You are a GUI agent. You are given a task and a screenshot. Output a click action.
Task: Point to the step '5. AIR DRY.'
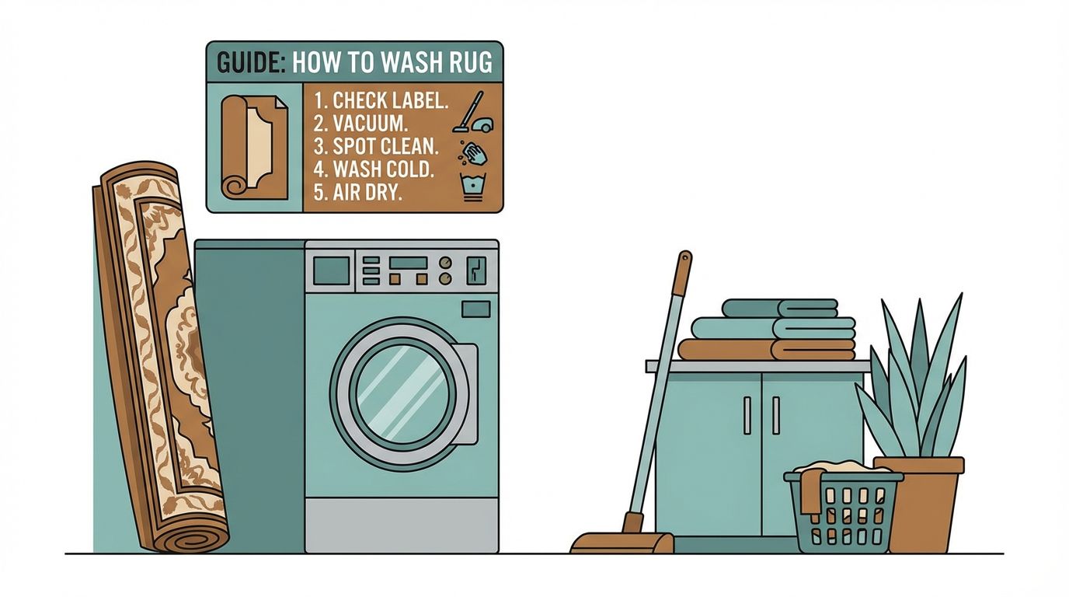pos(357,192)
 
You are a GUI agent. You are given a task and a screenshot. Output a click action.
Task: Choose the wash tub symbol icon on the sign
pos(471,188)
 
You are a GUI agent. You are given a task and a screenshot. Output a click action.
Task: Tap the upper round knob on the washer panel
pos(445,262)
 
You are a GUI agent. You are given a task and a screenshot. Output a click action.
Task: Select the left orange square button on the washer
pos(395,278)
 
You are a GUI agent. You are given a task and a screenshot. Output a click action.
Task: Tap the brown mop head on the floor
pos(622,543)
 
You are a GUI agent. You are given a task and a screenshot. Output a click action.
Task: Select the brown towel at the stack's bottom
pos(765,350)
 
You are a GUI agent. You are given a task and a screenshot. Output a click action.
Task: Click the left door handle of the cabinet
pos(747,415)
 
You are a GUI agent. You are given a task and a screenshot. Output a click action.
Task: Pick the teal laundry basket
pos(843,513)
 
